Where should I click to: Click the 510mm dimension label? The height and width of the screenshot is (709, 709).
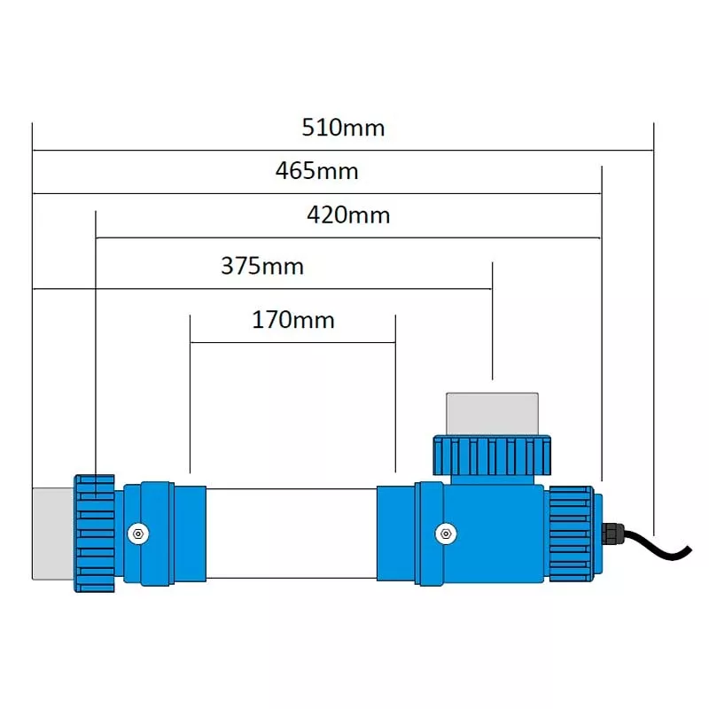tap(343, 128)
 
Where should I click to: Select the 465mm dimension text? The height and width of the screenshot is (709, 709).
tap(316, 171)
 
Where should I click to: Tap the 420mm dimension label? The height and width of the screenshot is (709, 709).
tap(348, 214)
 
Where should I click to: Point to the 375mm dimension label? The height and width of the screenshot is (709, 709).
tap(261, 266)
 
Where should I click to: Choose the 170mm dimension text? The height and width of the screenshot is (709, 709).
tap(293, 319)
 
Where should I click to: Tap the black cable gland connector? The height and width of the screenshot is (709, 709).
tap(612, 534)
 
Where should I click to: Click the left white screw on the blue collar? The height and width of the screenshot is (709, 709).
tap(137, 533)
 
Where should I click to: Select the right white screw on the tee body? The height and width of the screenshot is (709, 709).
tap(445, 533)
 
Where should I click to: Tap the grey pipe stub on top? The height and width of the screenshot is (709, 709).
tap(492, 413)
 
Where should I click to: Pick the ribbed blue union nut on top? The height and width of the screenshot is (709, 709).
tap(492, 454)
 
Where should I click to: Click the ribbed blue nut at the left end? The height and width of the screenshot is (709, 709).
tap(94, 533)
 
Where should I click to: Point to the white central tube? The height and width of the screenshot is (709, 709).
tap(292, 533)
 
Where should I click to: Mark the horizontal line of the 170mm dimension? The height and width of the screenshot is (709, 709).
tap(293, 341)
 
